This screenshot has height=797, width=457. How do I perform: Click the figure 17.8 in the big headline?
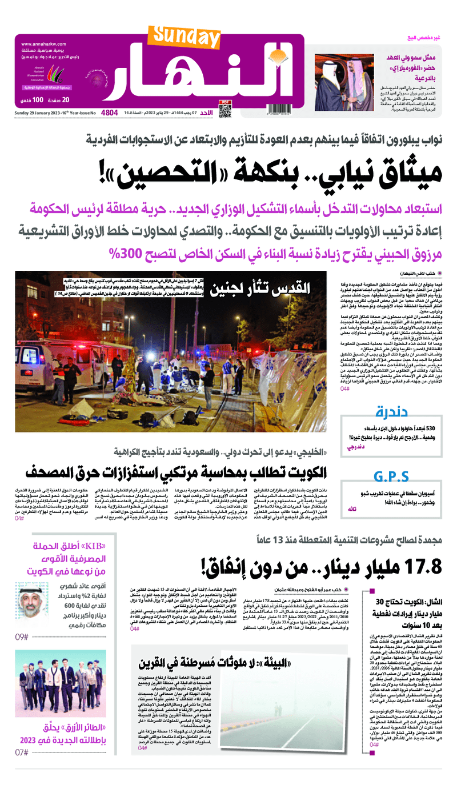coord(419,567)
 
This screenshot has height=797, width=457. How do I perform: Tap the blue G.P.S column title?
coord(391,477)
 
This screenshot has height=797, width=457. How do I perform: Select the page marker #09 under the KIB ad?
coord(22,636)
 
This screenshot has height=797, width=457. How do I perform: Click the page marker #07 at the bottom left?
coord(22,752)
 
